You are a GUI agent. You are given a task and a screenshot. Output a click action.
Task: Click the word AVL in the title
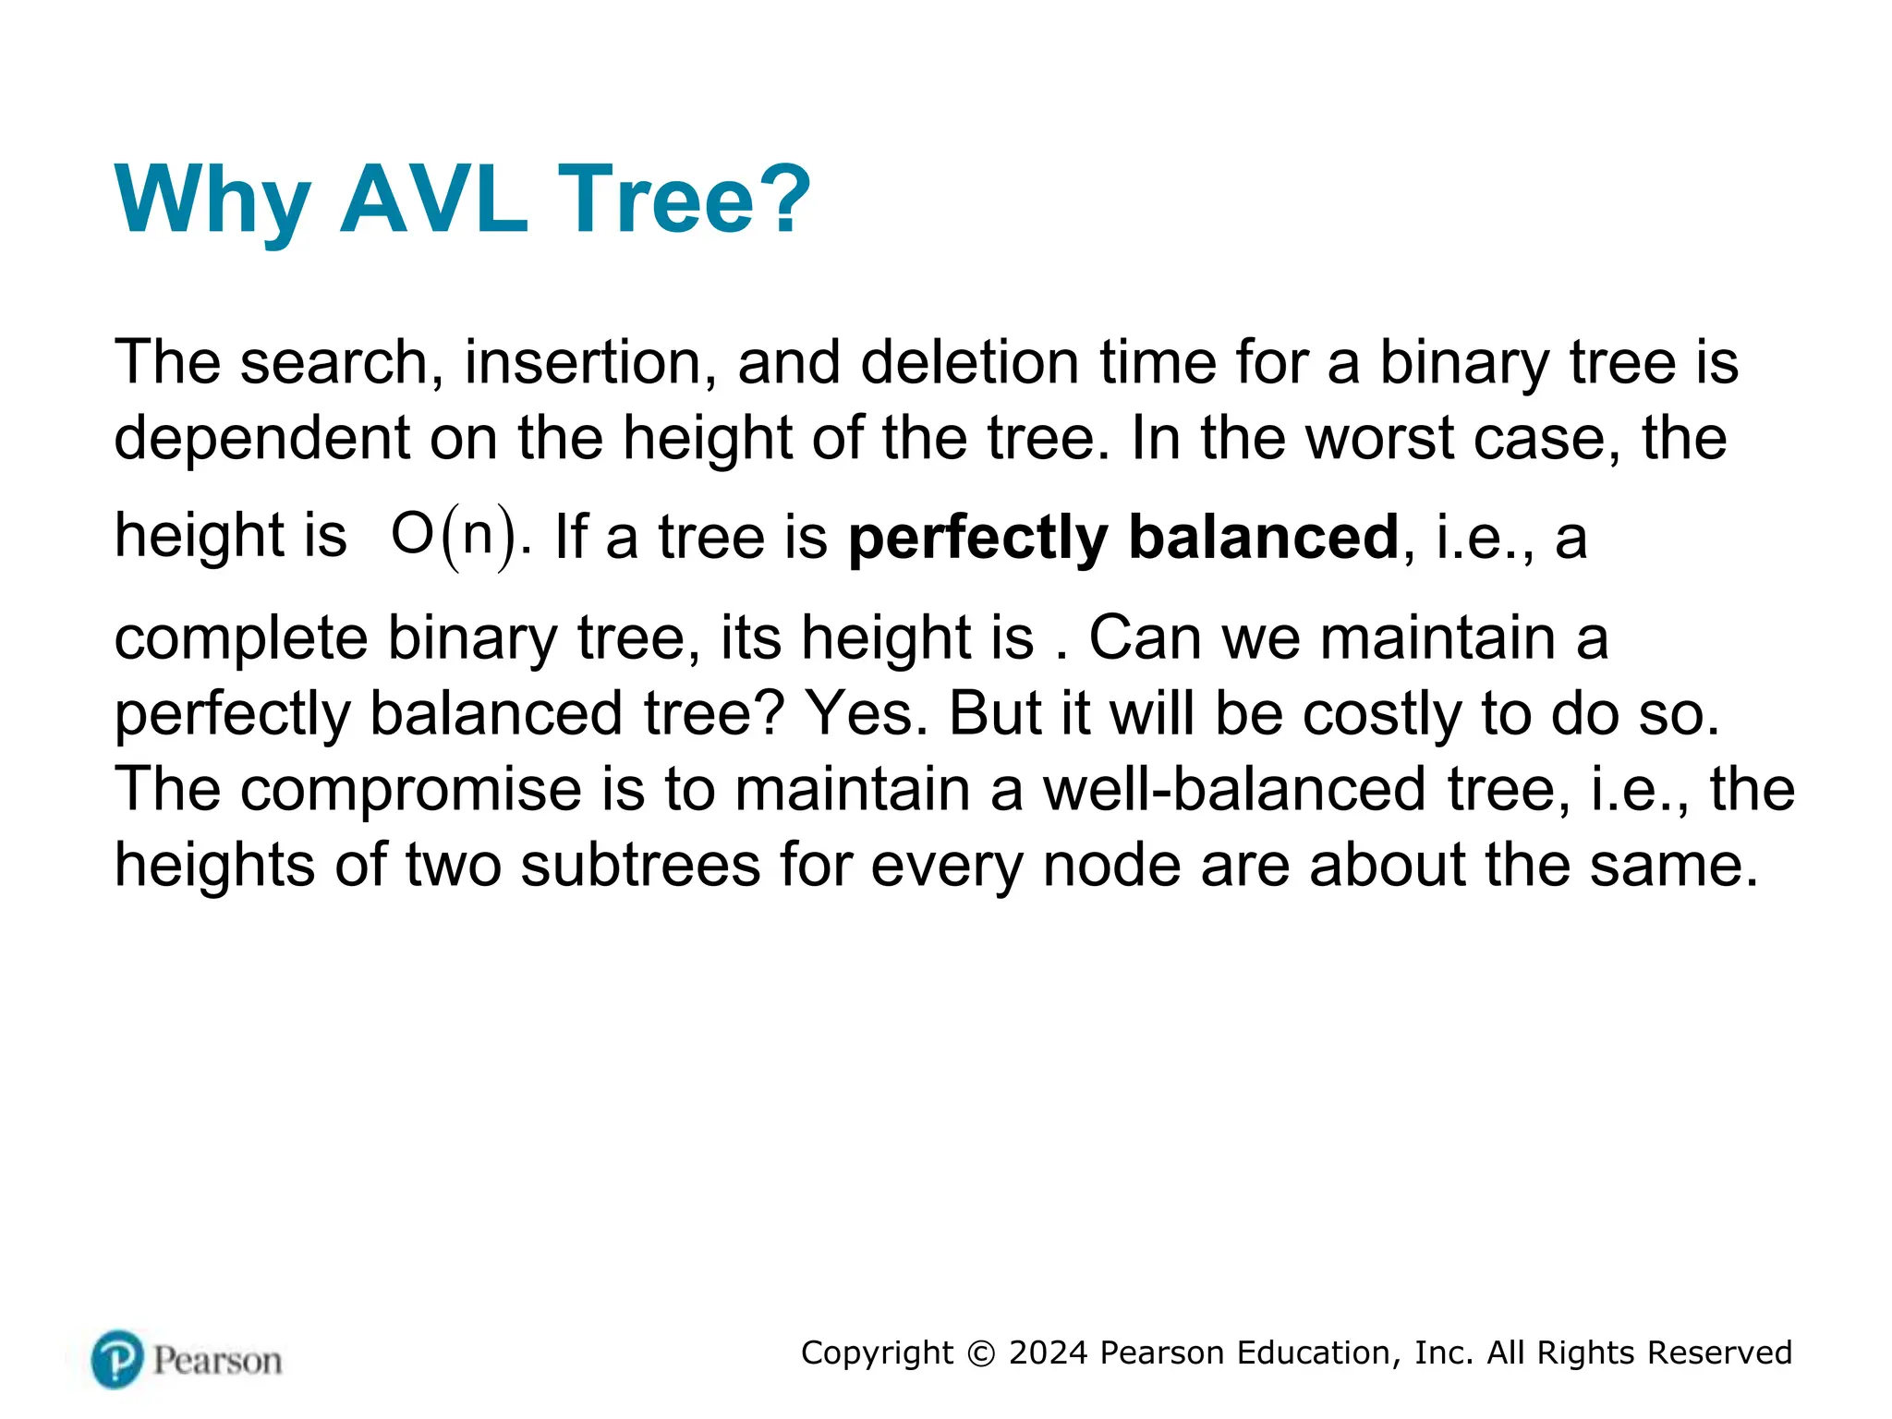pos(434,199)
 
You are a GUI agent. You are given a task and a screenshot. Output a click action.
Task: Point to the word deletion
pos(970,362)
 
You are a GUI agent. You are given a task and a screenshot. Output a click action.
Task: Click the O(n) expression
pos(454,536)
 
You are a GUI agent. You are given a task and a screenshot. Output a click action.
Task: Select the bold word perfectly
pos(977,538)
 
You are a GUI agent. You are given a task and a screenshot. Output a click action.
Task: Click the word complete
pos(240,639)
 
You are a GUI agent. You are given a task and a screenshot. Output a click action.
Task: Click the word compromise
pos(412,790)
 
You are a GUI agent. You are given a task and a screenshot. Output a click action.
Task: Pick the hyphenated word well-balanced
pos(1234,790)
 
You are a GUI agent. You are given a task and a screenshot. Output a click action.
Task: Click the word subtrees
pos(640,866)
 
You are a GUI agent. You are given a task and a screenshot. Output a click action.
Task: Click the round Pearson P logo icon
pos(118,1359)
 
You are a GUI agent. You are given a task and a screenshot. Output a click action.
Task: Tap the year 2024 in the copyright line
pos(1049,1352)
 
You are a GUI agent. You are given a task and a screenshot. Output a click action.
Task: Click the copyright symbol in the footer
pos(981,1353)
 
